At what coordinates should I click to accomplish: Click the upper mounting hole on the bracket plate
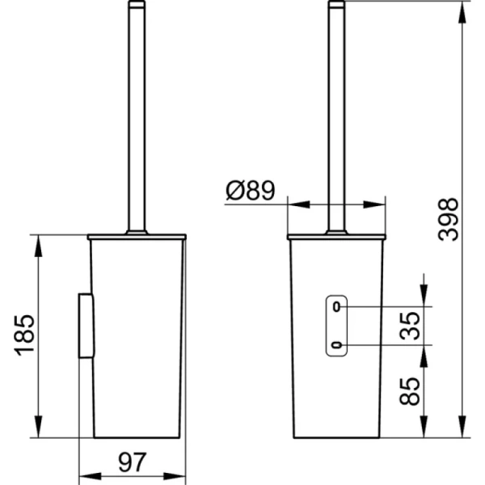(337, 307)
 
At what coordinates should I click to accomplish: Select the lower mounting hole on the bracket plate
(337, 347)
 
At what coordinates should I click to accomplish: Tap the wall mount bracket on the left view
(85, 326)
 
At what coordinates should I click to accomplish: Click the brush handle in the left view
(137, 113)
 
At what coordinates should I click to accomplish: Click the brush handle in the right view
(337, 113)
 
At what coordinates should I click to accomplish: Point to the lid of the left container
(137, 237)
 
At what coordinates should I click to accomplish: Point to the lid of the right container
(337, 237)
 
